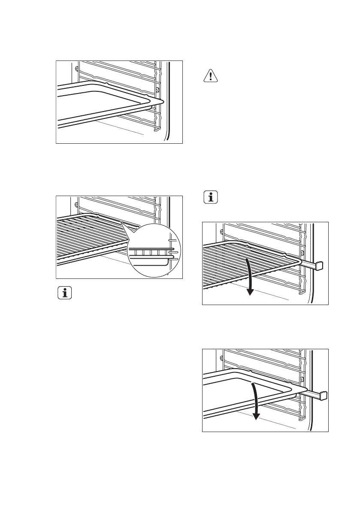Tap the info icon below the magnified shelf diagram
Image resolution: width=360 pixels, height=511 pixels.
coord(65,294)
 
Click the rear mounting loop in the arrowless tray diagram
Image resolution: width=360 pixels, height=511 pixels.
coord(76,68)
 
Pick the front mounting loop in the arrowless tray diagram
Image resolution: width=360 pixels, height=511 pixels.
coord(158,91)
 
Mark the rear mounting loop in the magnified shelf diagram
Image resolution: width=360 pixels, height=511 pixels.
coord(76,204)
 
